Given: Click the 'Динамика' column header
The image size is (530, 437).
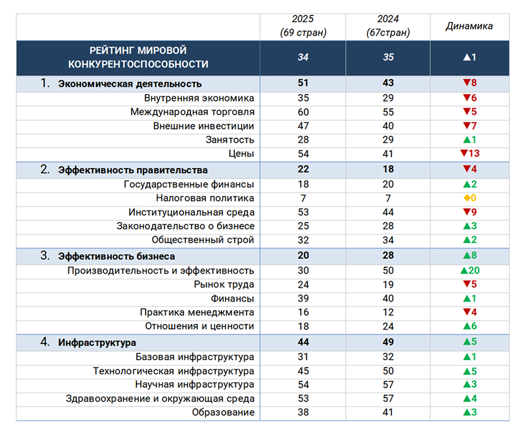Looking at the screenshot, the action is (469, 26).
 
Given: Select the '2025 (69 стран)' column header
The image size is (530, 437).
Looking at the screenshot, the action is (303, 26).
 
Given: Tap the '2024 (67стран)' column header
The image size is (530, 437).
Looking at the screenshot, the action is (388, 26).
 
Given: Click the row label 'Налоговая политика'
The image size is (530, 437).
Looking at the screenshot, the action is (205, 198).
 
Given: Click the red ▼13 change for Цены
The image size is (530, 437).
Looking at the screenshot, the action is (470, 154).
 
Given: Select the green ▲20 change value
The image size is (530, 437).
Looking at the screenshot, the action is (470, 270).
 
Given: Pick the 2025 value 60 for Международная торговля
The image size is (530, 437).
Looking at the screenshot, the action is (303, 112).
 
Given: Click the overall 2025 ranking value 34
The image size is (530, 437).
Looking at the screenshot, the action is (303, 57).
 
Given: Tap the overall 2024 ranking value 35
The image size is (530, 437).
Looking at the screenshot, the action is (388, 57).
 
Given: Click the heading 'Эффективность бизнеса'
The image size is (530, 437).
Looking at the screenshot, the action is (116, 256).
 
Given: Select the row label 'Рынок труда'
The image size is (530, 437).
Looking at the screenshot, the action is (224, 284).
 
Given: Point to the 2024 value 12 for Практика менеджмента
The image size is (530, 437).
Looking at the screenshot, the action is (388, 313).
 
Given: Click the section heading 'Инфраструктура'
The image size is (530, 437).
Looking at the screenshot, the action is (97, 342).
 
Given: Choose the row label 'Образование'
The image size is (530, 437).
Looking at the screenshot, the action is (223, 412).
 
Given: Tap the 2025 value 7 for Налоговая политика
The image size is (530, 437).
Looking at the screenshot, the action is (303, 198).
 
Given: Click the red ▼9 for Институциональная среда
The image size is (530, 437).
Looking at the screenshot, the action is (470, 212).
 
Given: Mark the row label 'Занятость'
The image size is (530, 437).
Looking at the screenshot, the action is (230, 139).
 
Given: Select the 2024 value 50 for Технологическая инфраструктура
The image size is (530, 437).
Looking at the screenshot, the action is (388, 371).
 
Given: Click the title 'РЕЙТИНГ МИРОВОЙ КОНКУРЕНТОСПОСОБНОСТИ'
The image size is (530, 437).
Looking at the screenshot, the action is (138, 57).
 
